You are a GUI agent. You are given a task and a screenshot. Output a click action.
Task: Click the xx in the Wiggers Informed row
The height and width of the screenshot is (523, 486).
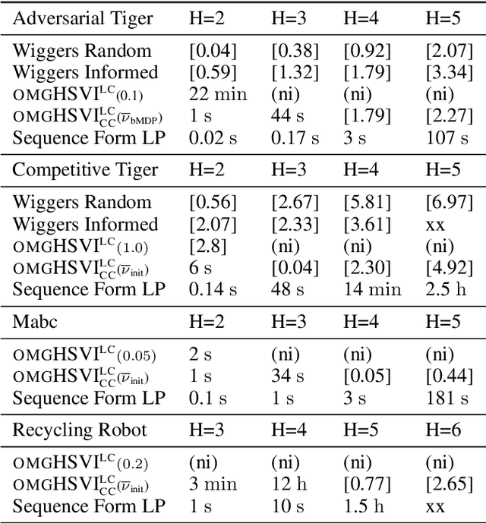point(434,224)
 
